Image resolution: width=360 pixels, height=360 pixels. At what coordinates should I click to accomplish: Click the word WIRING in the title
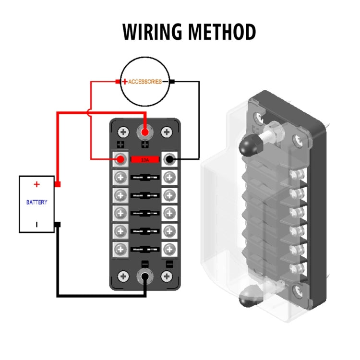(x=153, y=32)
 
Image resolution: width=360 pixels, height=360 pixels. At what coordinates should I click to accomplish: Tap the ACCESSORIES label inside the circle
(x=144, y=82)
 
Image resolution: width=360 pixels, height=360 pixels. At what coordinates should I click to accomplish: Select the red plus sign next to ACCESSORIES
(x=124, y=82)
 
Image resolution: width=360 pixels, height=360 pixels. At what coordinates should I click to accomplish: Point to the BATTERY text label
(x=36, y=202)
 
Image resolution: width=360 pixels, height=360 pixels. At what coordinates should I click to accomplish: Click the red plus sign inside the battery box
(x=36, y=184)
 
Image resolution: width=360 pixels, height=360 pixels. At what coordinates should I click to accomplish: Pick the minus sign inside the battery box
(x=36, y=224)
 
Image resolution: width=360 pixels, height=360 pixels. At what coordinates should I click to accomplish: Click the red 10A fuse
(x=145, y=159)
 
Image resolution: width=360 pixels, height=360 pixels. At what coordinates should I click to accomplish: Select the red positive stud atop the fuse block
(x=145, y=131)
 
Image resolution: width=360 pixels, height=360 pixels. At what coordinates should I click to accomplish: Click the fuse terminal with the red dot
(x=121, y=159)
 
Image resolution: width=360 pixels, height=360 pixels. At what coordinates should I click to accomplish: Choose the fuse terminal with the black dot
(x=169, y=159)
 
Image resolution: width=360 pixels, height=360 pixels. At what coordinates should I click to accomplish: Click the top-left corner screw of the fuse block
(x=124, y=132)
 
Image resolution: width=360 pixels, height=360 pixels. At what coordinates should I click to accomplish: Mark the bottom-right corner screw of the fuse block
(x=167, y=276)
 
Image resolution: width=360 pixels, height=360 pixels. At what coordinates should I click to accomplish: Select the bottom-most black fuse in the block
(x=145, y=249)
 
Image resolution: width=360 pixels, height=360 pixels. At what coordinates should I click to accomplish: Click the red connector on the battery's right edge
(x=58, y=184)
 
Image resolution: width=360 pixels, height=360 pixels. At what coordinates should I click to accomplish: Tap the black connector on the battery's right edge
(x=58, y=224)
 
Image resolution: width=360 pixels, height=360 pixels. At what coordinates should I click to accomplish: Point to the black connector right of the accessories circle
(x=172, y=82)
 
